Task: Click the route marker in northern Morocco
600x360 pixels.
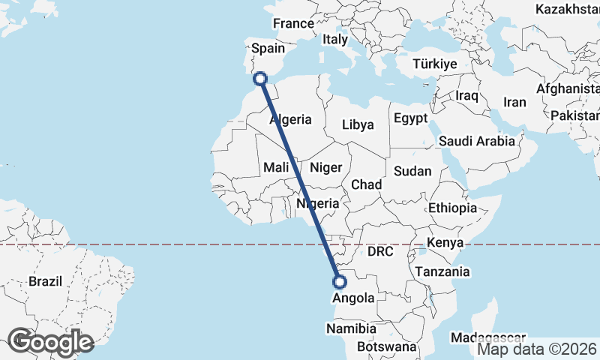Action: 261,78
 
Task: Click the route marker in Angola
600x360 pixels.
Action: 339,283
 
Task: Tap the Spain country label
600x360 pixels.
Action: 268,48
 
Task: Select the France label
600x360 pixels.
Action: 292,24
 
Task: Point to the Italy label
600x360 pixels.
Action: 335,38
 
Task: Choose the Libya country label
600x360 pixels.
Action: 358,124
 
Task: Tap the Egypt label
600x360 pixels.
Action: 410,118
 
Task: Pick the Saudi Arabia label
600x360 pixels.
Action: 477,140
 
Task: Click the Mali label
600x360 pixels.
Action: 277,167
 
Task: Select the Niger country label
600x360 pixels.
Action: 325,167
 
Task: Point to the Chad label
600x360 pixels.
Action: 367,184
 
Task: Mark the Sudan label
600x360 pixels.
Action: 412,171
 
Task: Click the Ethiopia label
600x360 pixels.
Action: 452,208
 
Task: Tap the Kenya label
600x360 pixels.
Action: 445,242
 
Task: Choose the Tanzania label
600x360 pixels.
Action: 442,271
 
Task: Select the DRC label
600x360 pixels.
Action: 380,252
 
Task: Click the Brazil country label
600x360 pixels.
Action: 44,281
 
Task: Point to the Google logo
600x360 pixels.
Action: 49,342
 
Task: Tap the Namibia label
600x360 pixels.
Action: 351,328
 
